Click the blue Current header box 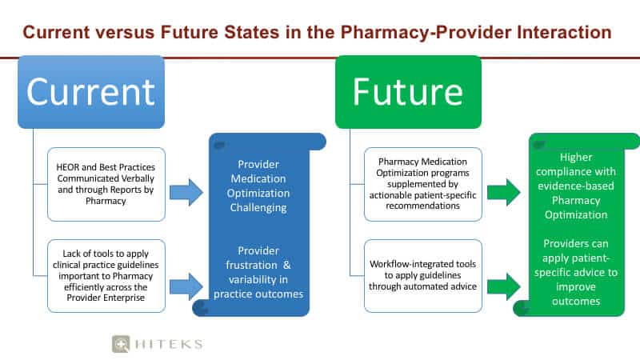click(x=91, y=92)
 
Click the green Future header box click(x=408, y=92)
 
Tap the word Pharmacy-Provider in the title click(x=426, y=32)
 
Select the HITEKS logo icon click(x=121, y=344)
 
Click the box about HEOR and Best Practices click(x=106, y=185)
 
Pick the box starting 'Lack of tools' click(x=106, y=276)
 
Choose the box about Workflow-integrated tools click(x=423, y=276)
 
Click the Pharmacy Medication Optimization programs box click(x=423, y=185)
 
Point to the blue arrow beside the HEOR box click(x=186, y=192)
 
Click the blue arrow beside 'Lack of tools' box click(x=186, y=286)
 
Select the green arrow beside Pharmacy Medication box click(x=504, y=192)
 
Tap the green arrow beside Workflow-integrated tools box click(x=504, y=286)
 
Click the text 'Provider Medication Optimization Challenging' click(x=258, y=186)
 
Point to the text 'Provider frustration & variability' click(x=258, y=272)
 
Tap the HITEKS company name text click(x=169, y=344)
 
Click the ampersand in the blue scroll click(x=287, y=265)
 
